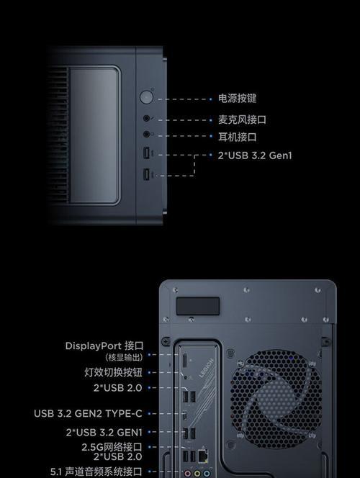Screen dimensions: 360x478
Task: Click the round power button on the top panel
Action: click(146, 97)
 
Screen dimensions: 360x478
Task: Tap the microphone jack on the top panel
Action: click(146, 118)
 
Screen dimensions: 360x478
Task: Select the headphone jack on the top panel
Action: click(146, 134)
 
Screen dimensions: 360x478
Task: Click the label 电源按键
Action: click(237, 99)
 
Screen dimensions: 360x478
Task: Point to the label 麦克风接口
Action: click(242, 119)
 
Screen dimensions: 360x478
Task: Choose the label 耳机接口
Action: click(237, 137)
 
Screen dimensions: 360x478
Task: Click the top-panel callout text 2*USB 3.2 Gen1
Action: click(255, 155)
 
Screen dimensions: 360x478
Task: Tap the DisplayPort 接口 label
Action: click(104, 346)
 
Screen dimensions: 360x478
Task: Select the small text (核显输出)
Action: click(124, 357)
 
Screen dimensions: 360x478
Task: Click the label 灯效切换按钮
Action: click(113, 372)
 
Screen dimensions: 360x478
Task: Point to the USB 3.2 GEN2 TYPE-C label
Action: click(88, 414)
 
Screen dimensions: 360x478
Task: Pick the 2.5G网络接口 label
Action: click(112, 447)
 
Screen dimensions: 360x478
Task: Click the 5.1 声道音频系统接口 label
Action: click(96, 472)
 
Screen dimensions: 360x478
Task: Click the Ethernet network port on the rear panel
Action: click(203, 456)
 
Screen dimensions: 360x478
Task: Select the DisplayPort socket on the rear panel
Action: click(185, 361)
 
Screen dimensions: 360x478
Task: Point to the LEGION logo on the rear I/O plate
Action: click(207, 369)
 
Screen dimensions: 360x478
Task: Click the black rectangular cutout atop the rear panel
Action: click(198, 306)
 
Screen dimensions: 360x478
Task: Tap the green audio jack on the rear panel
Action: click(197, 474)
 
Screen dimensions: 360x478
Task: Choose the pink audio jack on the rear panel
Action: click(188, 474)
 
